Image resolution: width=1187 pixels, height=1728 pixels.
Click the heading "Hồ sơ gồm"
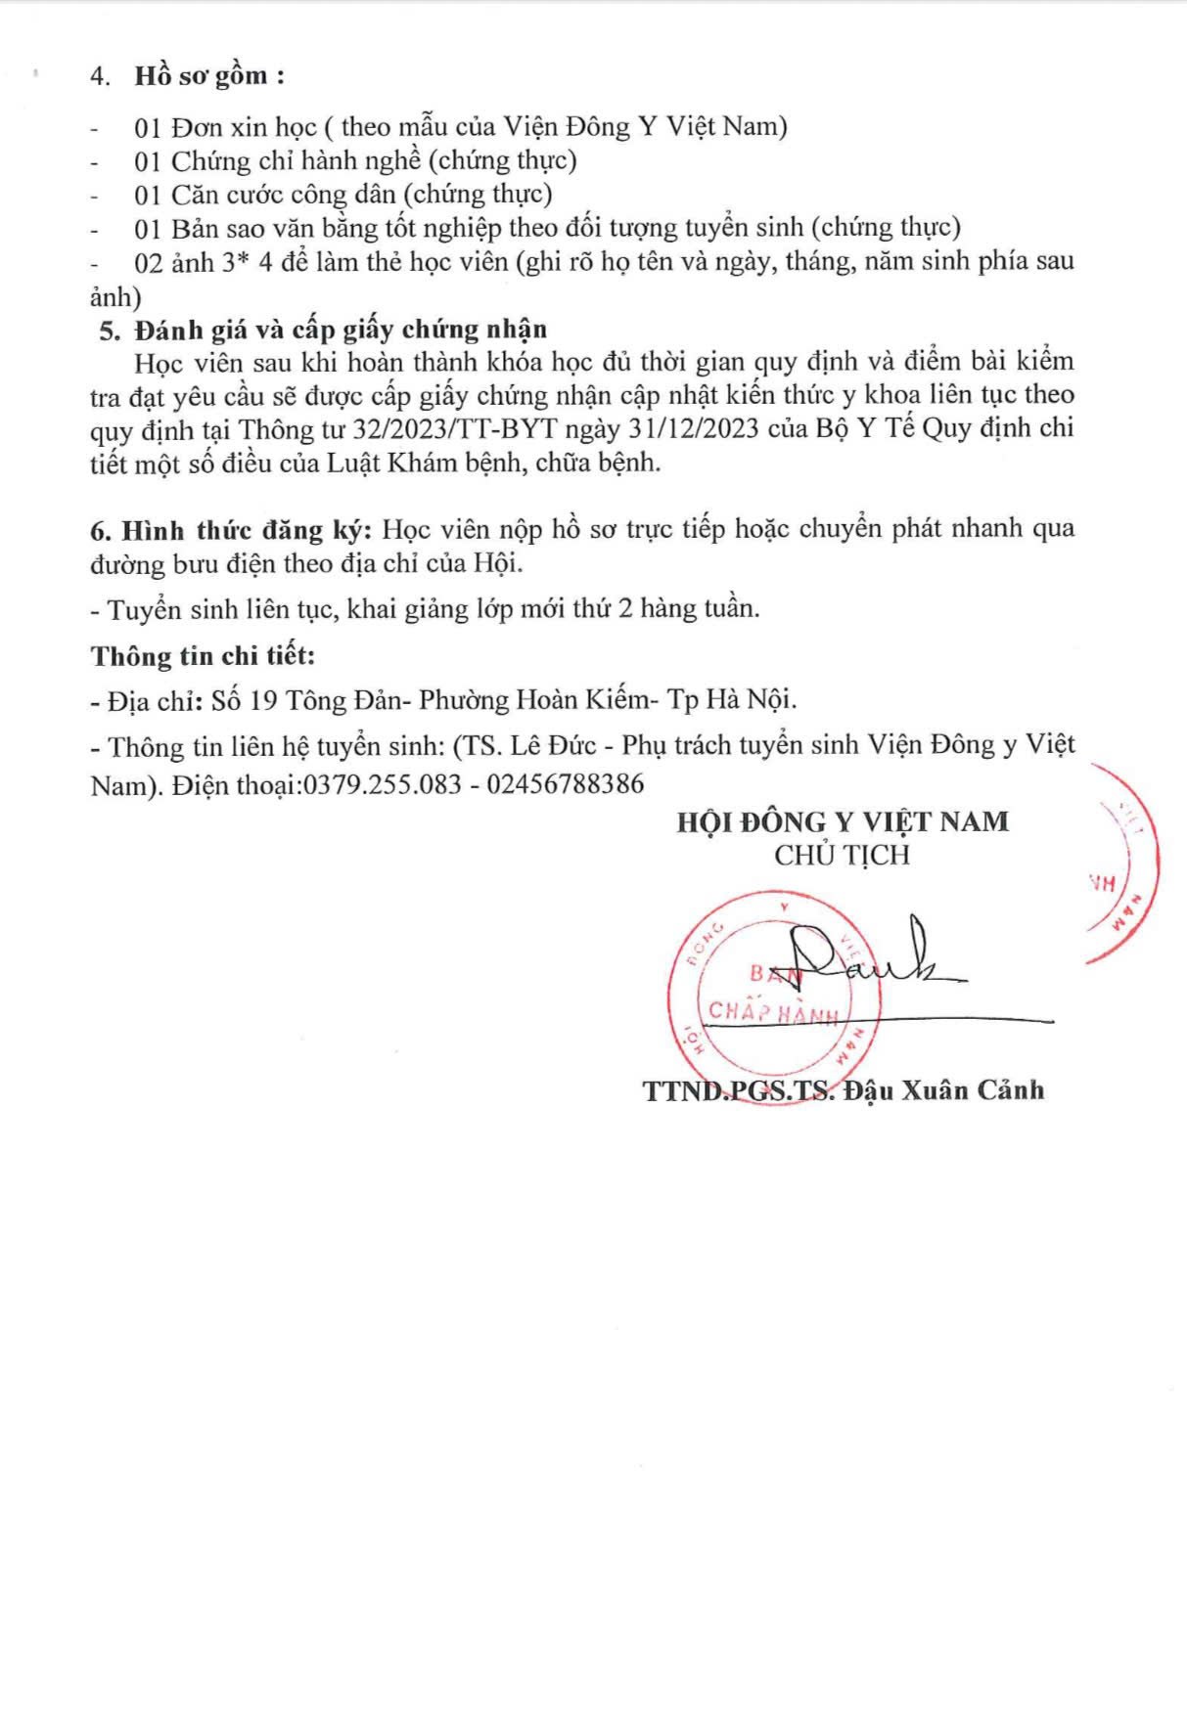click(x=201, y=76)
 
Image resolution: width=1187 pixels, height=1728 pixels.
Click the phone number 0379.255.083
click(x=382, y=784)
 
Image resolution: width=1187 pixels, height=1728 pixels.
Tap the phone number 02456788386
click(x=566, y=784)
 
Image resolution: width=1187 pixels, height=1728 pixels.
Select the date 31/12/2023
click(x=692, y=428)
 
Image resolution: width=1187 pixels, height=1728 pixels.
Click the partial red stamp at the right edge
click(x=1125, y=865)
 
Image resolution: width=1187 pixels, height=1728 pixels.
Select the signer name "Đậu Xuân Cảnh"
click(x=943, y=1090)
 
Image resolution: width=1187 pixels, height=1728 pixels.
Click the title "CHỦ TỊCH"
click(x=842, y=856)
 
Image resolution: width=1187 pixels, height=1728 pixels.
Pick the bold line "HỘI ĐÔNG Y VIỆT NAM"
click(x=842, y=821)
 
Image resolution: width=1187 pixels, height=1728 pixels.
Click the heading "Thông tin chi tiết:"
click(x=203, y=656)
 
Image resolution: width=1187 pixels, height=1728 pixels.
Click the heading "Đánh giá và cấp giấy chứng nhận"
click(x=341, y=330)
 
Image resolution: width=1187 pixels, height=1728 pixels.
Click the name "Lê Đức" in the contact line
click(x=553, y=746)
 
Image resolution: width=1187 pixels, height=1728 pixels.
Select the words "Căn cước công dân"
click(x=283, y=195)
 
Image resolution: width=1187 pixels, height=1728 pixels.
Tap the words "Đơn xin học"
click(x=244, y=127)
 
